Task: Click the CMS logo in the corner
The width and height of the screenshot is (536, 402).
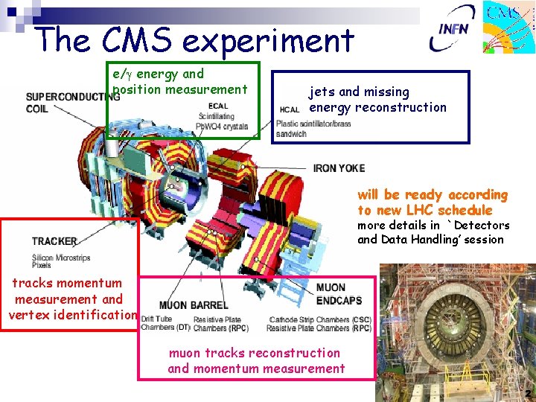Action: coord(510,28)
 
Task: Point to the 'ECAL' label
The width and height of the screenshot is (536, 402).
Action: coord(218,106)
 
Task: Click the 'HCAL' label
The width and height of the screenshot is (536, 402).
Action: coord(290,109)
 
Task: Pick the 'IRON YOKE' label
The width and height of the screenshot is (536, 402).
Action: coord(339,168)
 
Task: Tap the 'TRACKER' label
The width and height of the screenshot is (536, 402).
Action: coord(54,241)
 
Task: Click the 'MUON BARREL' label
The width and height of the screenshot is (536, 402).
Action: coord(183,305)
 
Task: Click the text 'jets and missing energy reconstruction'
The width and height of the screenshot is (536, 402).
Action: coord(377,100)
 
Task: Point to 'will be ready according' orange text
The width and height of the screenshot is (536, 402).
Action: coord(432,195)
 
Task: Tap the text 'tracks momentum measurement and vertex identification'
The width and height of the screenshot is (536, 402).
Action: coord(71,299)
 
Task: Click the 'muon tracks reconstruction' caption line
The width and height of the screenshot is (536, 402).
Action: coord(255,353)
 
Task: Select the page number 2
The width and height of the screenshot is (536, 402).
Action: coord(527,393)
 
